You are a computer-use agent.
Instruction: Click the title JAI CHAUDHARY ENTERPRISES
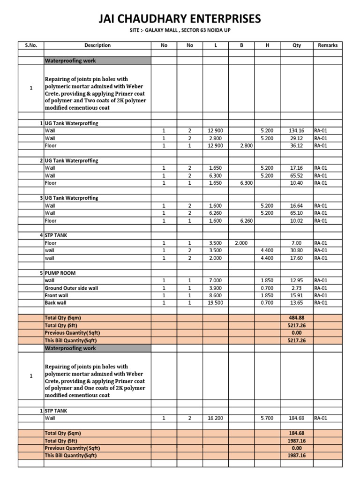point(180,19)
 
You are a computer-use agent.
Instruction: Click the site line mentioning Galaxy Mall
point(180,30)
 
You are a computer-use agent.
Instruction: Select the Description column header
point(97,45)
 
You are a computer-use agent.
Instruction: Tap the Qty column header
point(297,45)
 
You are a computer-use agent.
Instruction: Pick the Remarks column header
point(327,45)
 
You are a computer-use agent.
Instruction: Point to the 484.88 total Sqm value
point(297,318)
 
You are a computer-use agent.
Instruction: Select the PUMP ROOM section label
point(60,273)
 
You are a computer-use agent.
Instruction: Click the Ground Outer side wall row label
point(71,288)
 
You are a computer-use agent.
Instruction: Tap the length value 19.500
point(217,303)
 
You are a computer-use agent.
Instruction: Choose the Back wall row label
point(56,303)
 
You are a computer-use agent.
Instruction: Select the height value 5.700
point(267,418)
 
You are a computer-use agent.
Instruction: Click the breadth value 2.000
point(241,243)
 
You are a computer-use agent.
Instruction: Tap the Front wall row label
point(56,295)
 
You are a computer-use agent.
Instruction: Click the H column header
point(267,45)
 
